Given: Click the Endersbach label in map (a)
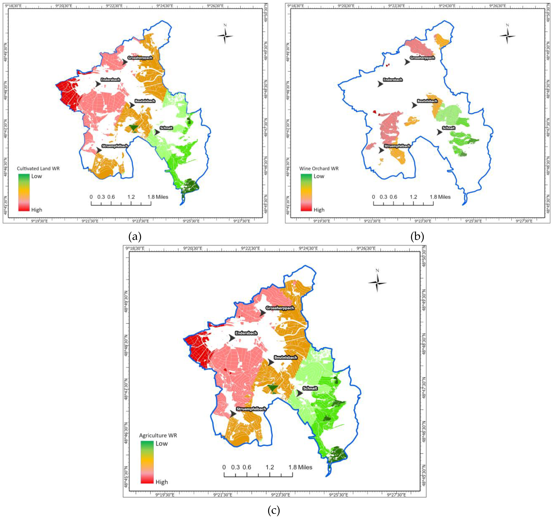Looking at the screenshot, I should coord(110,80).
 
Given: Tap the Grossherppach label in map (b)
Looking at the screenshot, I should coord(422,58).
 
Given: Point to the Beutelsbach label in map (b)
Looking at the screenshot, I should coord(427,101).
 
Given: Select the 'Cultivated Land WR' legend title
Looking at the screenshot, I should coord(38,168).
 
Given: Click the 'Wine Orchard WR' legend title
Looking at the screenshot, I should coord(319,168).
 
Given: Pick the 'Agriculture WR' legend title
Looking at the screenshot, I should coord(158,435).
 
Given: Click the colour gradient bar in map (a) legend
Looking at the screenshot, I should coord(24,192).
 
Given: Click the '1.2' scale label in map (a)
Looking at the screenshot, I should coord(131,197).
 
